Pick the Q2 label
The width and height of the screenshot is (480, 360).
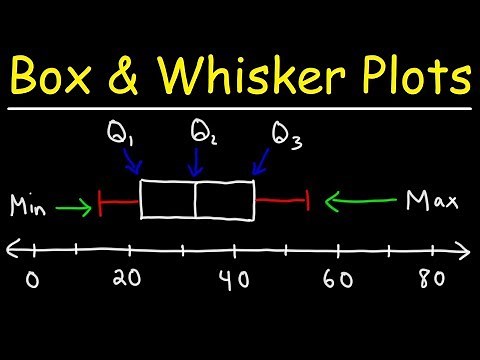[202, 133]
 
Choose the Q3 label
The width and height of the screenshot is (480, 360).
[284, 134]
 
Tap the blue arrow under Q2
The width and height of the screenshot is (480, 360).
[196, 163]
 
